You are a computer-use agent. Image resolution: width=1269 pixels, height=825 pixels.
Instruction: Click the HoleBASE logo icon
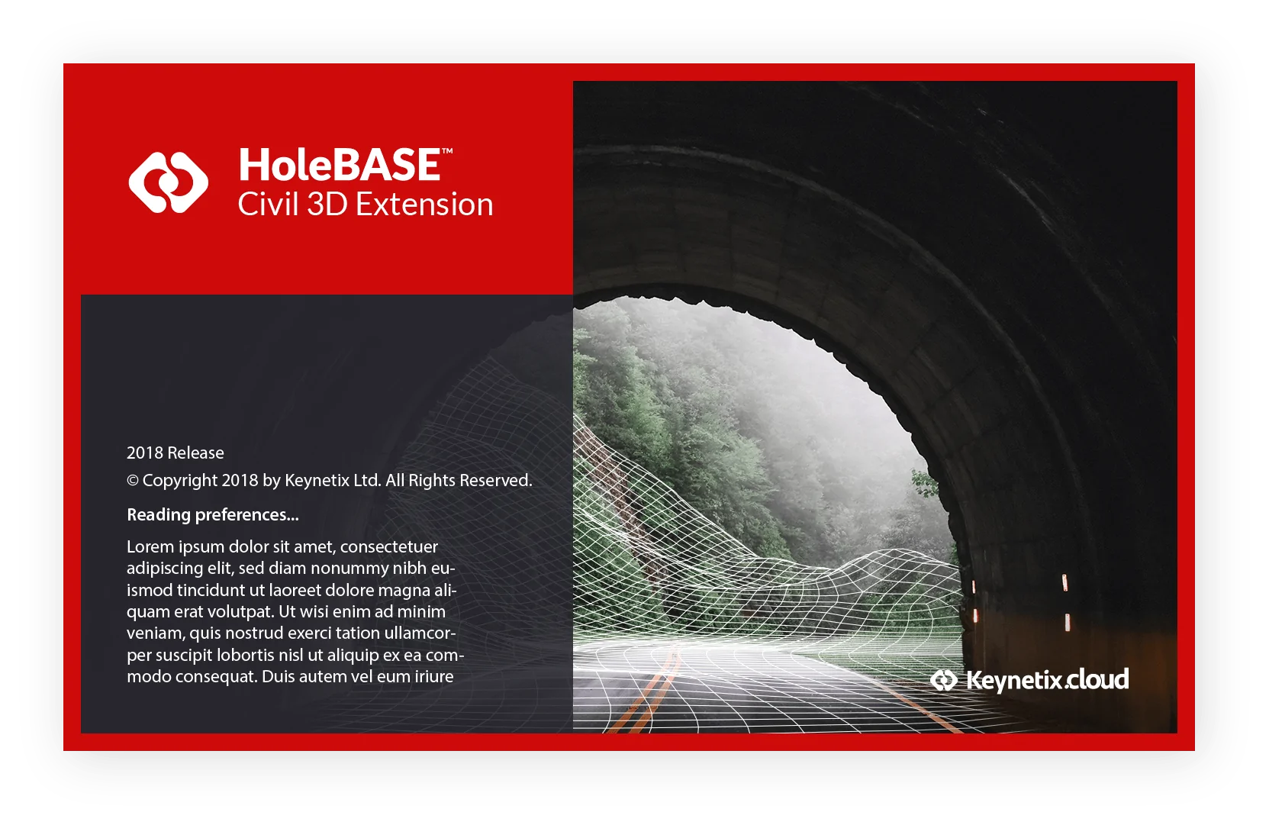pos(168,182)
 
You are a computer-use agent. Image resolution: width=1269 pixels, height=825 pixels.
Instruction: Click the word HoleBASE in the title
pos(339,165)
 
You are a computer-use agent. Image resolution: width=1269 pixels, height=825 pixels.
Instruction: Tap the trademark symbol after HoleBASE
pos(447,151)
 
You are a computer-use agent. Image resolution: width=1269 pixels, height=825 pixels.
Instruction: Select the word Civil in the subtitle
pos(268,204)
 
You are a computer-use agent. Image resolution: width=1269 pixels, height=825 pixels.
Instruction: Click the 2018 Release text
pos(175,453)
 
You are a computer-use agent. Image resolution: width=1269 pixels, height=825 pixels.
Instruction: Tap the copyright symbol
pos(133,481)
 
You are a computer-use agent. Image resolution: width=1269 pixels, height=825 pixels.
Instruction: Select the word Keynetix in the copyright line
pos(317,481)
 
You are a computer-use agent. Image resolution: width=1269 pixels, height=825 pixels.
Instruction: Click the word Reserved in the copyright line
pos(496,481)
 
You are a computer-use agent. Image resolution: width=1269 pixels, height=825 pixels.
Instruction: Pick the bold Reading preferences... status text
pos(212,514)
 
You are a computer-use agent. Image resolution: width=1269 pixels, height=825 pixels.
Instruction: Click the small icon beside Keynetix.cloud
pos(944,681)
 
